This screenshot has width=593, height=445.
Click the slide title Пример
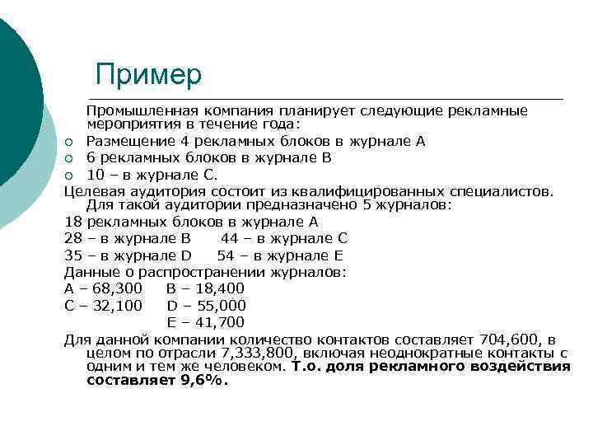click(x=148, y=74)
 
